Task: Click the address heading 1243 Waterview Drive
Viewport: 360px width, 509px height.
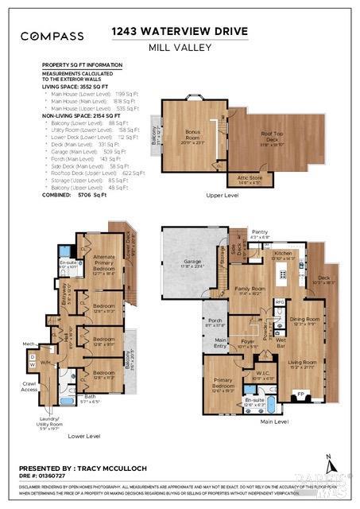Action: pos(180,32)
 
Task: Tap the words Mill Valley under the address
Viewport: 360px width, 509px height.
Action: pos(180,47)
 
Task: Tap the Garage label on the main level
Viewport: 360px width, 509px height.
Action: pos(182,264)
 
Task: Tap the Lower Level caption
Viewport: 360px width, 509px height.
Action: pos(83,436)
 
